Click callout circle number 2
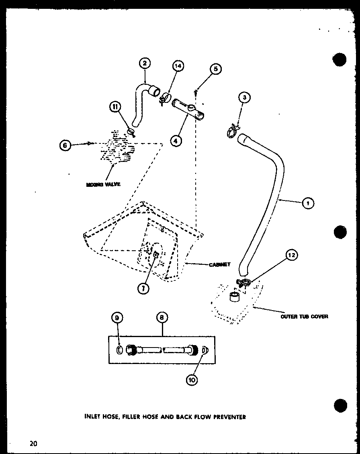pos(145,63)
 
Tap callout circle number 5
pos(216,69)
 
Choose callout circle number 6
pos(65,145)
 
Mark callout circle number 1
pos(307,203)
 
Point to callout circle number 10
pos(192,380)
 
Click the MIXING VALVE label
pos(103,184)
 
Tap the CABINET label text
pos(219,264)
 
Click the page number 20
pos(33,444)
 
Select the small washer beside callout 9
pos(119,350)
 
